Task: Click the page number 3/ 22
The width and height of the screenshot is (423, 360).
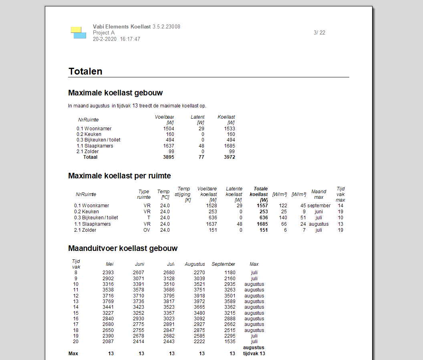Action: pyautogui.click(x=319, y=33)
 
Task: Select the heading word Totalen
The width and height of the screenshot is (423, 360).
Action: pyautogui.click(x=85, y=71)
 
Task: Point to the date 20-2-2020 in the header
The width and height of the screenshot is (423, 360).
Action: pyautogui.click(x=105, y=39)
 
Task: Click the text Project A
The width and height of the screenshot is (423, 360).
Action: pyautogui.click(x=104, y=33)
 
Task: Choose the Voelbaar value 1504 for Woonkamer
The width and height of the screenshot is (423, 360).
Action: pyautogui.click(x=168, y=129)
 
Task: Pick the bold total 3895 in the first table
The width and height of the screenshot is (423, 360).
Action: pyautogui.click(x=168, y=157)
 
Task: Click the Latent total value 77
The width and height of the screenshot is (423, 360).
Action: pyautogui.click(x=201, y=157)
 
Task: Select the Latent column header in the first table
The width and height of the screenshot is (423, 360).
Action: pyautogui.click(x=197, y=117)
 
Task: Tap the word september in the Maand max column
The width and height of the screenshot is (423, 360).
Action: pyautogui.click(x=319, y=206)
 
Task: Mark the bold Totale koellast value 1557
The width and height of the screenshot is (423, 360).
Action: pyautogui.click(x=262, y=206)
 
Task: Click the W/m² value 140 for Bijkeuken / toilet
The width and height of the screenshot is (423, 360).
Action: pyautogui.click(x=283, y=218)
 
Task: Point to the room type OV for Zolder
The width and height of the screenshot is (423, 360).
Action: pyautogui.click(x=147, y=230)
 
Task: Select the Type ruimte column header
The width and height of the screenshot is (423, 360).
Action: pyautogui.click(x=144, y=194)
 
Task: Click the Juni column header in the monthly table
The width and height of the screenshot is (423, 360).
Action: pyautogui.click(x=139, y=264)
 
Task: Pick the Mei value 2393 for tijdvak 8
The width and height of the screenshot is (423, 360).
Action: pyautogui.click(x=108, y=273)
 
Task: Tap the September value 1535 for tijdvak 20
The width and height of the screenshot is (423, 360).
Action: pyautogui.click(x=230, y=342)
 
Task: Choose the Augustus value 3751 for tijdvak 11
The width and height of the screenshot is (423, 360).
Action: pyautogui.click(x=199, y=290)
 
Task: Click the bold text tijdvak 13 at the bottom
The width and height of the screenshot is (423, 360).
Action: pyautogui.click(x=254, y=354)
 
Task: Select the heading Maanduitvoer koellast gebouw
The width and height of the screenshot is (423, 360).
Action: pyautogui.click(x=123, y=249)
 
